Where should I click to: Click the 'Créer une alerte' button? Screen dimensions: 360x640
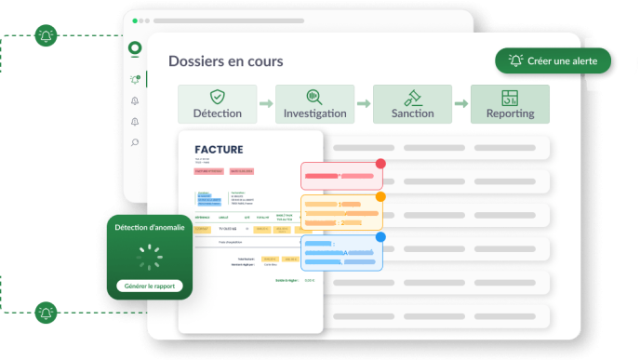point(553,60)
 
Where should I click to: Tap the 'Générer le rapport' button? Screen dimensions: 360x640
point(149,286)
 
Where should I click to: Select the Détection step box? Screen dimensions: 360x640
point(217,104)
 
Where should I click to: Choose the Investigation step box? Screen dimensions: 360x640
point(314,104)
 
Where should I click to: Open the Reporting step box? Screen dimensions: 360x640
point(510,104)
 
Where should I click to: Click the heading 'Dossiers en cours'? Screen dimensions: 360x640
point(226,61)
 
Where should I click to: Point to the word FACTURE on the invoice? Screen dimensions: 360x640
point(219,150)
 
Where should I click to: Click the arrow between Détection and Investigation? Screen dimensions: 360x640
point(266,104)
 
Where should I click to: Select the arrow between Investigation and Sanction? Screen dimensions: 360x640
point(364,104)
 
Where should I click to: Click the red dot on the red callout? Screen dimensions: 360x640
point(380,164)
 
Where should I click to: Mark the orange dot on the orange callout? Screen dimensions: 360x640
point(380,197)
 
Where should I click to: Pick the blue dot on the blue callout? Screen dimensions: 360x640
point(380,237)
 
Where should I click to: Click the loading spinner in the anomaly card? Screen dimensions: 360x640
point(149,252)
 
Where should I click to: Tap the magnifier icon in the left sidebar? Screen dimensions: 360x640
point(135,142)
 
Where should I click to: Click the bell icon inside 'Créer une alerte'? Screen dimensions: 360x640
point(514,60)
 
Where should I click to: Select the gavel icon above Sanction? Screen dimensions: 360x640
point(412,97)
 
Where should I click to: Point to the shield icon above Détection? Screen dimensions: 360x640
point(217,97)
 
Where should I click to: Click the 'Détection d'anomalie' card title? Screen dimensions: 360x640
point(149,227)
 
